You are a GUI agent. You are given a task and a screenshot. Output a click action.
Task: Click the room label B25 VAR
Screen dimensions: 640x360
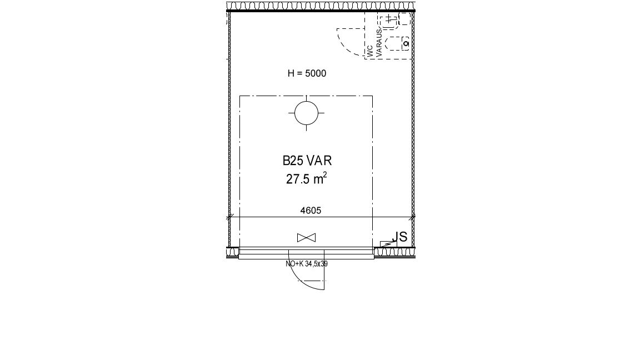click(307, 161)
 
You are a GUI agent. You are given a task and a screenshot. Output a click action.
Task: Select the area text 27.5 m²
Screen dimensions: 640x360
click(306, 179)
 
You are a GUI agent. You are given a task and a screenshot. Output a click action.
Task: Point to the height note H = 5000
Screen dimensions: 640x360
click(307, 73)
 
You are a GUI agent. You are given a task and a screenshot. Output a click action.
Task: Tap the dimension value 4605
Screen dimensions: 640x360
click(311, 211)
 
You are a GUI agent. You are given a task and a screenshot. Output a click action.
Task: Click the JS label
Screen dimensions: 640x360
click(399, 237)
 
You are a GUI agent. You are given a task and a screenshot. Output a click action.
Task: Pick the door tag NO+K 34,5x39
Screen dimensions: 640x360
click(307, 264)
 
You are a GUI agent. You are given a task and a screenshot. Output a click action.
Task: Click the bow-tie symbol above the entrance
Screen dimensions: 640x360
click(306, 238)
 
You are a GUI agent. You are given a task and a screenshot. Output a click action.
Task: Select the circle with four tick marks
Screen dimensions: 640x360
click(307, 113)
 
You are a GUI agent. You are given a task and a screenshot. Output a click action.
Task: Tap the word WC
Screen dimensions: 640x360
click(370, 51)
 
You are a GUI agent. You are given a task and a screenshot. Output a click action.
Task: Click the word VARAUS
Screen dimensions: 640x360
click(379, 42)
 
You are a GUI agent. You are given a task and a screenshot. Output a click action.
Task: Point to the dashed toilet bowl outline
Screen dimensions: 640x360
click(397, 44)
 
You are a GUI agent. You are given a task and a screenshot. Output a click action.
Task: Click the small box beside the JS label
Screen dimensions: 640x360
click(388, 244)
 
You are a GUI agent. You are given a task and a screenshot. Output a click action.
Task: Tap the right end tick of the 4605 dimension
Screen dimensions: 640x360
click(413, 217)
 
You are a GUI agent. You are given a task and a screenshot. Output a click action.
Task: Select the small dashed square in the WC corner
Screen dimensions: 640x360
click(404, 19)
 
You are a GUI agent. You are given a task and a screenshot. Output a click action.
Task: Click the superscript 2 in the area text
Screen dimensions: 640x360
click(325, 174)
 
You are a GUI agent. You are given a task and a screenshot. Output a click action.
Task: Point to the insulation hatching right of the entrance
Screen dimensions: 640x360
click(394, 252)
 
